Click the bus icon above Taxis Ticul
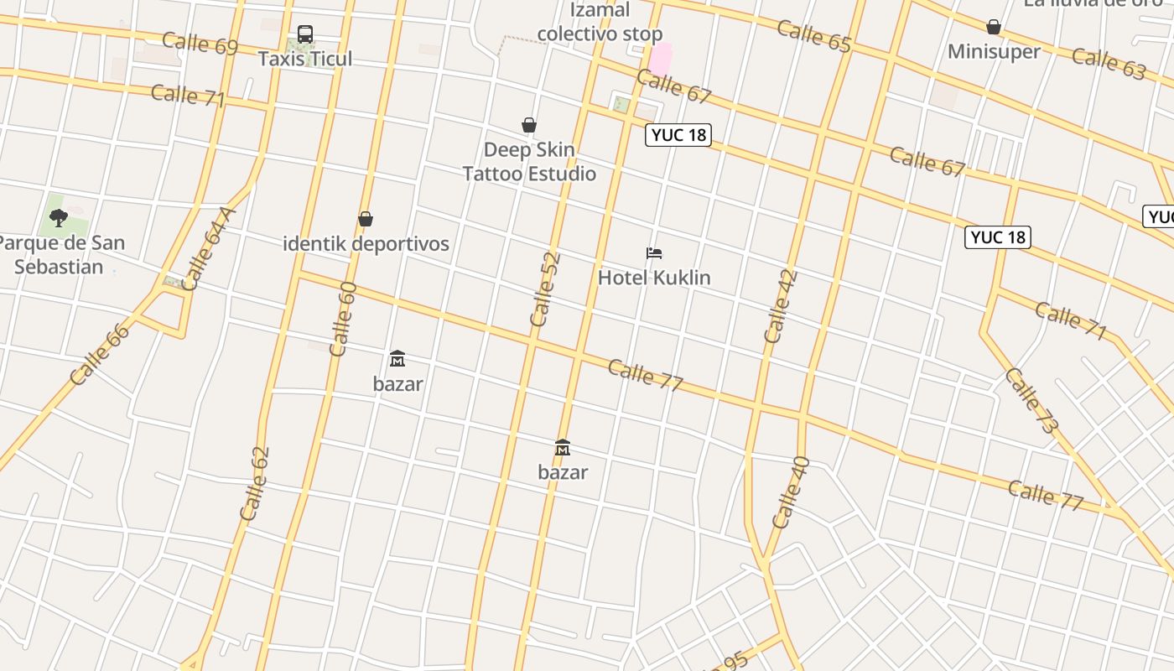305,34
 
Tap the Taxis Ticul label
305,59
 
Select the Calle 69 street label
200,43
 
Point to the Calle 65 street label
813,36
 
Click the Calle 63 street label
1108,64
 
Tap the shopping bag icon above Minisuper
994,27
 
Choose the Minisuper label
994,51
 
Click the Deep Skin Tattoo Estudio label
529,162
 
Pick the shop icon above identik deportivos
366,219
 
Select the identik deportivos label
366,244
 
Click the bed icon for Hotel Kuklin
654,252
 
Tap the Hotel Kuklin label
654,277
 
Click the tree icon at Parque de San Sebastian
58,218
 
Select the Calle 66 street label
101,355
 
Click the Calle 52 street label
545,289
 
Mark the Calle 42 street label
781,306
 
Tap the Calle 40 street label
790,492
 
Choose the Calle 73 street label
1031,400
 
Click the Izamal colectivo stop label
600,22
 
